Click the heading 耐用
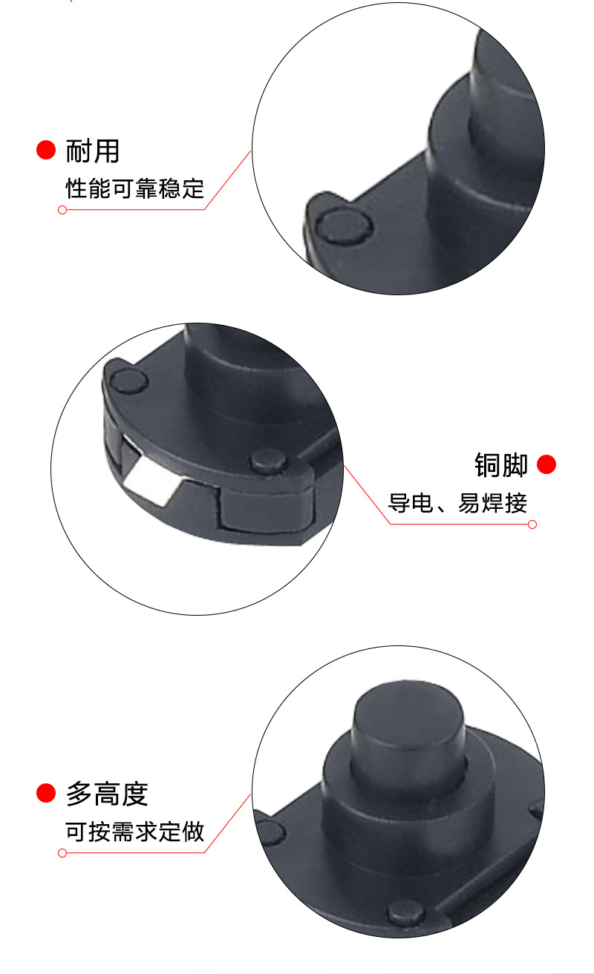point(93,151)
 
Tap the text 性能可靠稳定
point(135,188)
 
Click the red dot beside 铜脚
point(546,465)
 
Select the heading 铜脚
point(501,465)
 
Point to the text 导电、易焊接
point(457,504)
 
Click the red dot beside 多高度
point(46,794)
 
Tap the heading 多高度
point(108,794)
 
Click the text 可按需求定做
point(135,832)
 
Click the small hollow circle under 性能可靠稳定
point(62,210)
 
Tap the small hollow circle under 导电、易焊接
point(532,524)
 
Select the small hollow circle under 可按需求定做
point(62,853)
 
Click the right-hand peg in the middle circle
point(268,461)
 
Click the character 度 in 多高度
point(135,794)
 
